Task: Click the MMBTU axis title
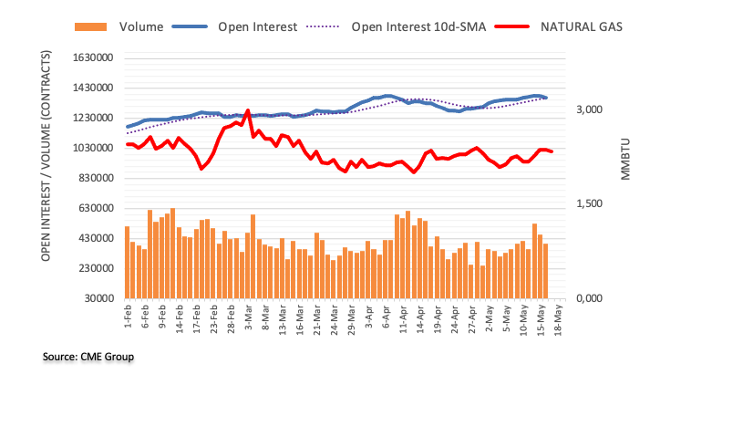coord(626,160)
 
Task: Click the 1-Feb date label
coord(127,317)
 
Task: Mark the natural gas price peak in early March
coord(247,110)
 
